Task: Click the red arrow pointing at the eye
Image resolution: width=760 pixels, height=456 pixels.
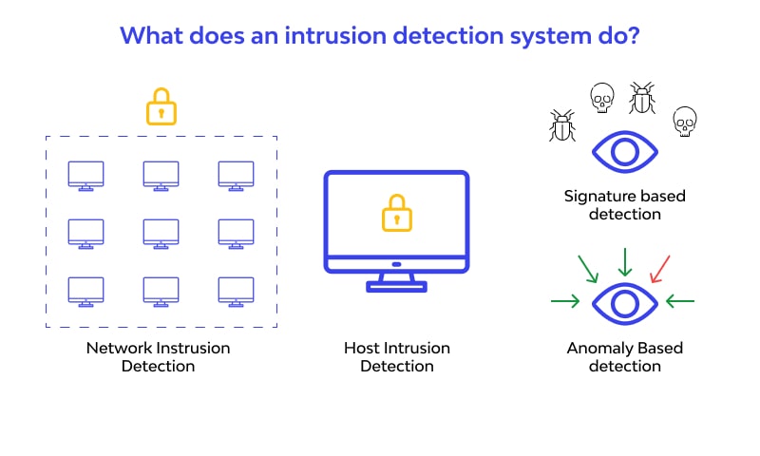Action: click(x=660, y=268)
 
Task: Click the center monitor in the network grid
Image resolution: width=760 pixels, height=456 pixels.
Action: click(x=161, y=232)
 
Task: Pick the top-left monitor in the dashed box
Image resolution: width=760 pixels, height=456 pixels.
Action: click(x=86, y=175)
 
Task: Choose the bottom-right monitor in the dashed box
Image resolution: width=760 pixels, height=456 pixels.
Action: click(x=237, y=291)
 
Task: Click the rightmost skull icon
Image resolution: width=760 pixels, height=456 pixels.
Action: click(x=683, y=122)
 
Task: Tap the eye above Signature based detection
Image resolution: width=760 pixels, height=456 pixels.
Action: click(x=624, y=152)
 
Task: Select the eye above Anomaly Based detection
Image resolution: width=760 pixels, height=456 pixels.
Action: click(x=624, y=303)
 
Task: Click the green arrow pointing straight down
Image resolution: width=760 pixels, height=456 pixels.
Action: click(x=624, y=260)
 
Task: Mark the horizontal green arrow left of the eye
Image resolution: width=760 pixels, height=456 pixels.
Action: click(x=565, y=302)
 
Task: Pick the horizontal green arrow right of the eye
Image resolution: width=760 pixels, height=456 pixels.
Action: click(x=680, y=302)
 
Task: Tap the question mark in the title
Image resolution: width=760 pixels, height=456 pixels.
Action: click(x=634, y=37)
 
